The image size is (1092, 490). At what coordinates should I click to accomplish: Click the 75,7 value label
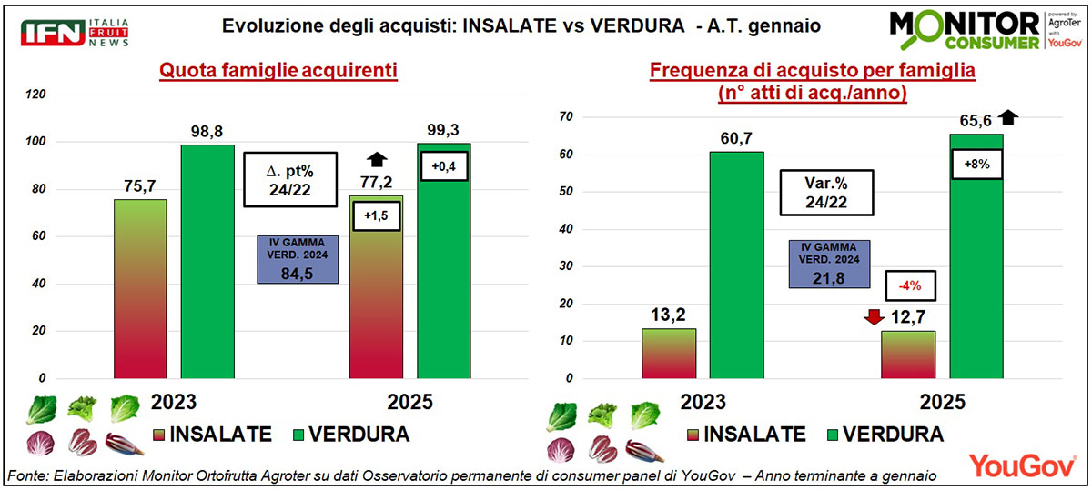click(140, 185)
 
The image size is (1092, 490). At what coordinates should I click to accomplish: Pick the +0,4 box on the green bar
click(443, 165)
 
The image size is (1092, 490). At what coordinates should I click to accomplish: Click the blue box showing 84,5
click(298, 259)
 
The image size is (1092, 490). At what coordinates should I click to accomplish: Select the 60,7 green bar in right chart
click(737, 264)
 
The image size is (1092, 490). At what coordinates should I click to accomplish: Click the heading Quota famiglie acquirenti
click(278, 71)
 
